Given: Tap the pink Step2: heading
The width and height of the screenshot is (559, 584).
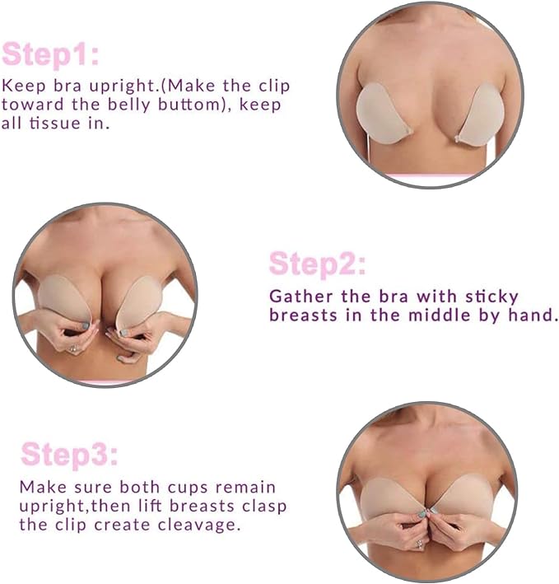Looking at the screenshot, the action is (318, 264).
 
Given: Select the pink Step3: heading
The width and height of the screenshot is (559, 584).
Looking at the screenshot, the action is (69, 455).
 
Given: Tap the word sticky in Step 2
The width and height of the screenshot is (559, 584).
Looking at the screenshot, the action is (491, 297).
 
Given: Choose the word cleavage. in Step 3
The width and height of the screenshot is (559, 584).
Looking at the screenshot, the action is (198, 526).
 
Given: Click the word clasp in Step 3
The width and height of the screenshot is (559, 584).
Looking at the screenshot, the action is (264, 507).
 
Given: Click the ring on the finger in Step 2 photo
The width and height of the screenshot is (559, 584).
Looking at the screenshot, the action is (73, 349).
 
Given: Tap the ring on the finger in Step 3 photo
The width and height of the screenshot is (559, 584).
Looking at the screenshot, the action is (419, 542).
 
